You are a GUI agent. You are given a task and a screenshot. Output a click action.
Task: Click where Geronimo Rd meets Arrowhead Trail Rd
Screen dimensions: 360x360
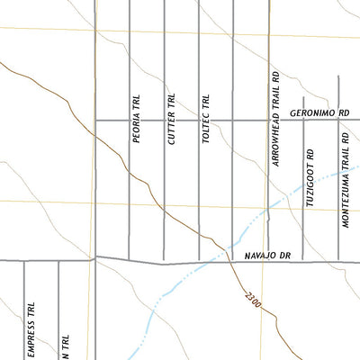(268, 120)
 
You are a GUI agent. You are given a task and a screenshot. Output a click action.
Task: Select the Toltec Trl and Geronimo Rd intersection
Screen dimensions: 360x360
(198, 120)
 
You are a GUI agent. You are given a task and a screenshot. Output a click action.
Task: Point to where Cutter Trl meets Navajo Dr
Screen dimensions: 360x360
(163, 263)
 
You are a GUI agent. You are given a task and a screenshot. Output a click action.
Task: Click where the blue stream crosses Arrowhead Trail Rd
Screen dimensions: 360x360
(268, 210)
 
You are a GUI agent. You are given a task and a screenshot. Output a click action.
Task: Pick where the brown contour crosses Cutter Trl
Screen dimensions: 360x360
(163, 211)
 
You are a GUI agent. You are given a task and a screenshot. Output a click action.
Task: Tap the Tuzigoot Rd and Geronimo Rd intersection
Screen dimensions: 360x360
(303, 120)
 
